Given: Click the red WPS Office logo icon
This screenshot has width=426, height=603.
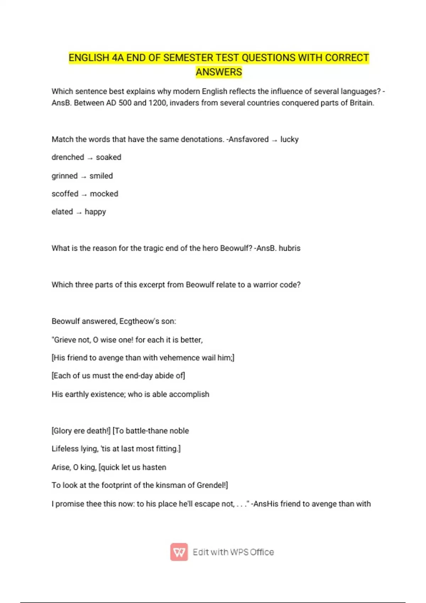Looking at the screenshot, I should tap(179, 552).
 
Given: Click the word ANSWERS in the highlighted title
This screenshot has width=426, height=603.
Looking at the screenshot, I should tap(219, 72).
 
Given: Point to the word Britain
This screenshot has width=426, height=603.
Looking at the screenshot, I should tap(362, 103).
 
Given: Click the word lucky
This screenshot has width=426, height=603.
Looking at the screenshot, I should tap(289, 139).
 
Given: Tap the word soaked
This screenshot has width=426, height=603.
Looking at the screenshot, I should tap(109, 157).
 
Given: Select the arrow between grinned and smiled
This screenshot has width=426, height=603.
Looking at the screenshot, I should tap(83, 176).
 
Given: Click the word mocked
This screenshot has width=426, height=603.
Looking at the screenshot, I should tap(104, 194).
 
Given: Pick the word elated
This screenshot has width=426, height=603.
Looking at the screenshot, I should tap(62, 212).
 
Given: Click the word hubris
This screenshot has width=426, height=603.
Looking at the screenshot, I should tap(289, 248).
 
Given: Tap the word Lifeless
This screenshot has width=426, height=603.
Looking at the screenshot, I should tap(64, 449).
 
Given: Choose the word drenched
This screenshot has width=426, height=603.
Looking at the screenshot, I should tap(68, 157).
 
